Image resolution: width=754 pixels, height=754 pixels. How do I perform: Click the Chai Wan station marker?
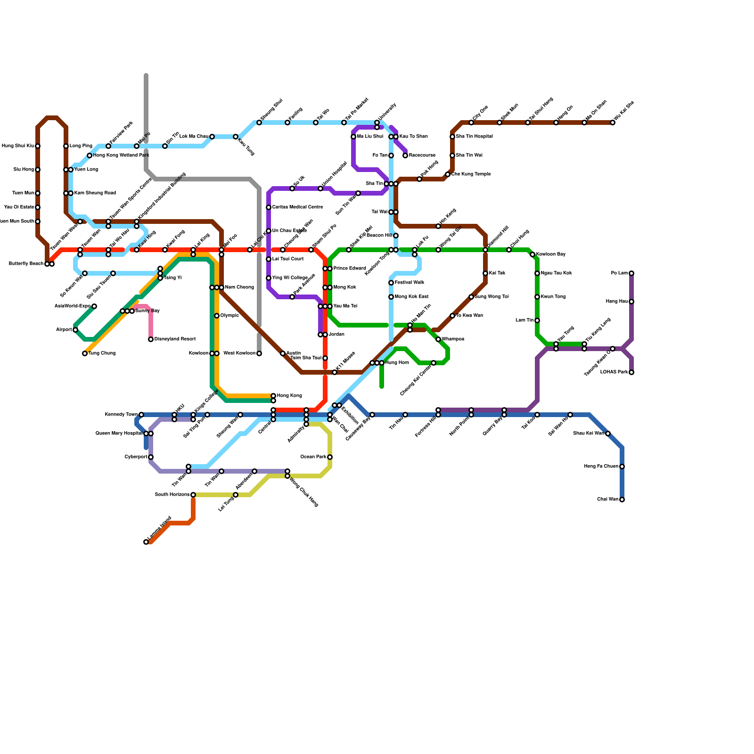pos(622,500)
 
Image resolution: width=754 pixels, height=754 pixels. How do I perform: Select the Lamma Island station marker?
pos(146,542)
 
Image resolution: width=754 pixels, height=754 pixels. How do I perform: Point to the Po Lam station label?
pos(619,273)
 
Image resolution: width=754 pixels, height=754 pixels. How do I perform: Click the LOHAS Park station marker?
pos(631,372)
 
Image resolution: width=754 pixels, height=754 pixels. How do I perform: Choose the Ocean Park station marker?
pos(330,457)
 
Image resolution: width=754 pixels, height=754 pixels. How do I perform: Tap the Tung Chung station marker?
pos(85,353)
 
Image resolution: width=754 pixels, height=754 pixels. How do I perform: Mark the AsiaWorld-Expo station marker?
pos(94,306)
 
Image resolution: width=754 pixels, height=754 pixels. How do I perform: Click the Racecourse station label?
pos(422,156)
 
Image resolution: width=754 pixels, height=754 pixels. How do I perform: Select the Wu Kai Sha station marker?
pos(613,123)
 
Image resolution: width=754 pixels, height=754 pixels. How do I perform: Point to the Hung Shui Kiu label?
pos(18,146)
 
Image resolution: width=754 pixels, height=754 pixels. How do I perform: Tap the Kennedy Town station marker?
pos(141,415)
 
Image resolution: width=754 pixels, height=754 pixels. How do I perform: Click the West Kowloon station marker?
pos(259,353)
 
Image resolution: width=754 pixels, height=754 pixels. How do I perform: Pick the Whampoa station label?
pos(453,339)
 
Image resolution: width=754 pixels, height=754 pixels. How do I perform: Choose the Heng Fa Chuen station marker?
pos(622,467)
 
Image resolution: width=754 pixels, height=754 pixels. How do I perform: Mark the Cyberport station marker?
pos(151,457)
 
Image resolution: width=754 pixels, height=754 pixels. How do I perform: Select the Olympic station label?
pos(229,316)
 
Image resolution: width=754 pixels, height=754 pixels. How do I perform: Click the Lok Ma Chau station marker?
pos(212,137)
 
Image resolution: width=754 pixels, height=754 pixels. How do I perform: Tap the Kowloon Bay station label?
pos(551,254)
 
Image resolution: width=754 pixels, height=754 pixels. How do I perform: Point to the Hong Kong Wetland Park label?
pos(121,156)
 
